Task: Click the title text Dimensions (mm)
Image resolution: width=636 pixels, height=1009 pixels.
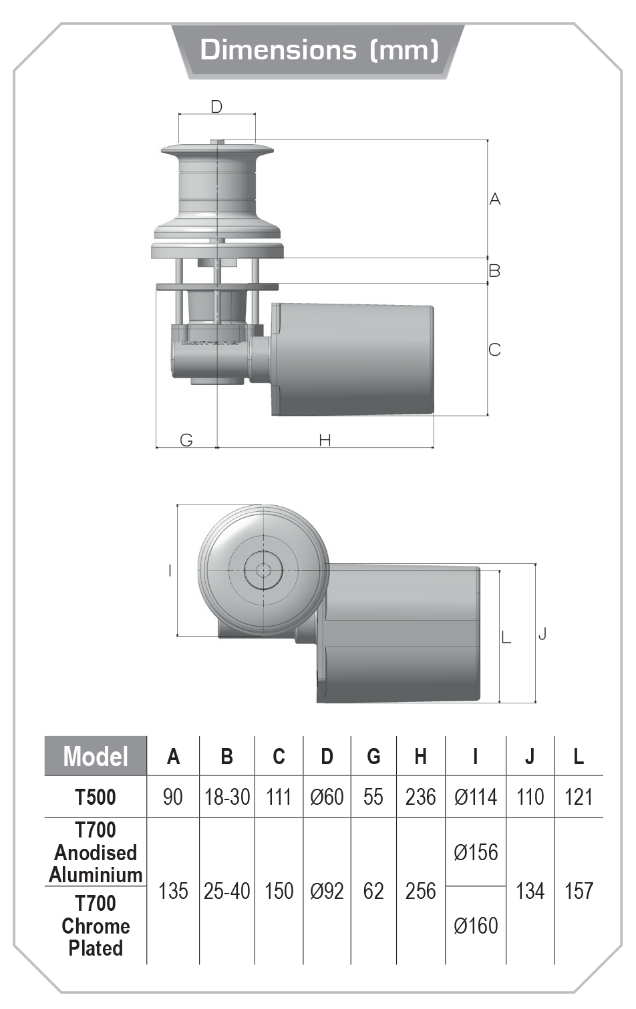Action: (319, 50)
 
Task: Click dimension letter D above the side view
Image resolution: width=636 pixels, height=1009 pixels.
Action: (216, 107)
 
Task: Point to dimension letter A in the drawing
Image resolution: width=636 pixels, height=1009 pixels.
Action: (494, 199)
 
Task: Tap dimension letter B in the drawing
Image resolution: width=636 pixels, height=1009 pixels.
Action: (494, 271)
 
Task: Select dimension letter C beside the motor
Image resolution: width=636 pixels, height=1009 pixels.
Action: (494, 350)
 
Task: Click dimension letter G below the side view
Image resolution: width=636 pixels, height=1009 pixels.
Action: (186, 440)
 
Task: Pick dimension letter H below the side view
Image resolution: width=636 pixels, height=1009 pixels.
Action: (325, 440)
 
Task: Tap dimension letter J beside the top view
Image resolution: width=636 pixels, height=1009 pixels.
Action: (542, 633)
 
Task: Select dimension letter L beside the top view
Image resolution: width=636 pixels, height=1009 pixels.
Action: (506, 637)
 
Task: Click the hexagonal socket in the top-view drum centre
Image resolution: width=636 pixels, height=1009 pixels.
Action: (263, 571)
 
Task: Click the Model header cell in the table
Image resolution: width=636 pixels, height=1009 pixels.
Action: (96, 757)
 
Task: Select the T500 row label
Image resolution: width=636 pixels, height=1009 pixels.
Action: (96, 797)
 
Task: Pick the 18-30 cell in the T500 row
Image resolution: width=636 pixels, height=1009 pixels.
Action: (227, 797)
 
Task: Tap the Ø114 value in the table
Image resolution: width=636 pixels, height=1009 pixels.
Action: (476, 797)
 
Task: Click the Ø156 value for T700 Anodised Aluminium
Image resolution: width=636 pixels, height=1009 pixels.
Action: (476, 853)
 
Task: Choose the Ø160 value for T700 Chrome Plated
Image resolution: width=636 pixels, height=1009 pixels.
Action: (476, 926)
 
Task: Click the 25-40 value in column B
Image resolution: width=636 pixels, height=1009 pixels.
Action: (227, 892)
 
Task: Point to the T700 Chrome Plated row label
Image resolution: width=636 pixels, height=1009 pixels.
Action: (96, 926)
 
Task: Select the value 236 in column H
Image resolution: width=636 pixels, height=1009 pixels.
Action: (420, 797)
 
